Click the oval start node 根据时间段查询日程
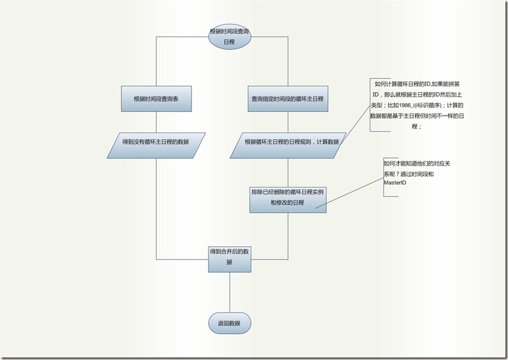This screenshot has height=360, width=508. click(229, 37)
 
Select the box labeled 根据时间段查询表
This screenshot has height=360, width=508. click(156, 99)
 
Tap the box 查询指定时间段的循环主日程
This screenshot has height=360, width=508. click(287, 99)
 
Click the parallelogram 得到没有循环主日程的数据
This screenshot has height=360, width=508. click(156, 141)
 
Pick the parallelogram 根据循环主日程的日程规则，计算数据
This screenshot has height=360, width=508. click(287, 141)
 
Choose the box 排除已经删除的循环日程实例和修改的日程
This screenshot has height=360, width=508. click(287, 197)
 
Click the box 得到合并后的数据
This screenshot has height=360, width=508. click(229, 256)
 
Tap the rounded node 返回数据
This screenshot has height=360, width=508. click(229, 323)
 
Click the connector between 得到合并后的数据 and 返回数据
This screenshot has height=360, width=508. click(229, 292)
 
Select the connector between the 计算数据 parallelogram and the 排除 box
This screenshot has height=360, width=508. click(287, 170)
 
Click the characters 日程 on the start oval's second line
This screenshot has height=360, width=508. click(229, 42)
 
